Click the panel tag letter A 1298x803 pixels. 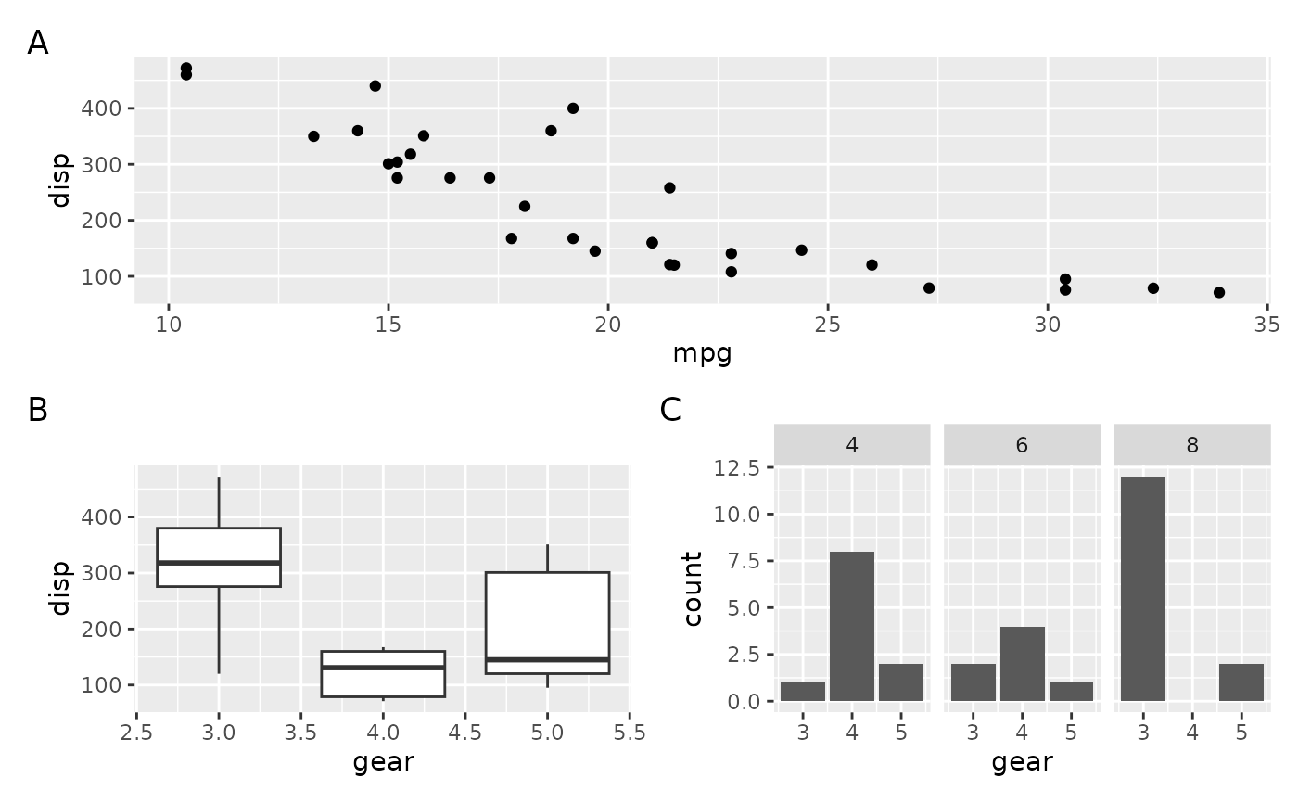point(38,44)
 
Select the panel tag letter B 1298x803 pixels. point(38,410)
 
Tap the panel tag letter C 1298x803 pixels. point(670,410)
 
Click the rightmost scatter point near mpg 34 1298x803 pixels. point(1218,292)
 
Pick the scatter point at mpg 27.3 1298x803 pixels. point(929,287)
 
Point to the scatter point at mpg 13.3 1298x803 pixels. point(313,136)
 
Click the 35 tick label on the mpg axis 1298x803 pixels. point(1267,325)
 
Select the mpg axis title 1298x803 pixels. point(702,353)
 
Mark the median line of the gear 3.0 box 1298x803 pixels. point(219,563)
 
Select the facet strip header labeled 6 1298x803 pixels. point(1022,445)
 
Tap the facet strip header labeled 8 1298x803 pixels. point(1192,445)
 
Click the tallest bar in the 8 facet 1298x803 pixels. point(1142,589)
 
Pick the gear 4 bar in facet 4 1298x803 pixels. point(852,626)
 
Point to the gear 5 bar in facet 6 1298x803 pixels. point(1071,692)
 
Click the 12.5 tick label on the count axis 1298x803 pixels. point(738,467)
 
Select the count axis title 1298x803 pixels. point(693,588)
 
